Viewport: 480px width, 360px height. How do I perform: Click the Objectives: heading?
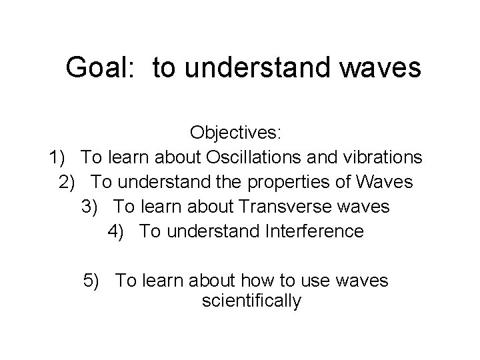pyautogui.click(x=237, y=132)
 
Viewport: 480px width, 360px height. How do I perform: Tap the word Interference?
pyautogui.click(x=315, y=231)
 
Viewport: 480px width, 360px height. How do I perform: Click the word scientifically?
pyautogui.click(x=251, y=301)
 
